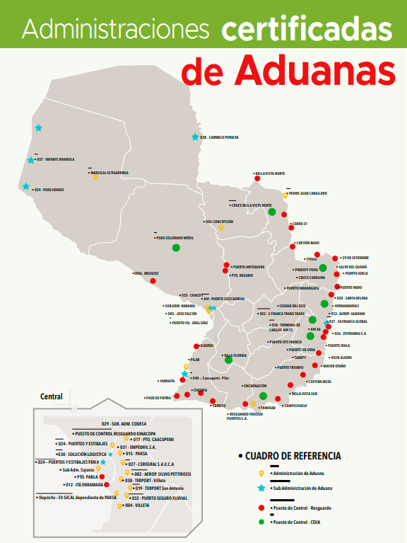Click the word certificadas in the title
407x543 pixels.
pos(306,29)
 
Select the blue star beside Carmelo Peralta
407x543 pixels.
pos(194,137)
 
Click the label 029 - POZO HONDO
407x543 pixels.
pos(49,190)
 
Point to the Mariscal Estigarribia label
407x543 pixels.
pos(110,172)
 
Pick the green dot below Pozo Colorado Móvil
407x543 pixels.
pos(175,247)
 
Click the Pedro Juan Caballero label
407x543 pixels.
pos(308,193)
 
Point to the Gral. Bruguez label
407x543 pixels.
pos(146,273)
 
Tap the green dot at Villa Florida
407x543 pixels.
pos(228,360)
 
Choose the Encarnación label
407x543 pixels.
pos(255,386)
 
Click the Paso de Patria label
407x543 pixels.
pos(159,398)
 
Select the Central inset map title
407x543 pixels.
pos(52,396)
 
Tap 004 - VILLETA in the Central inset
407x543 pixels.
pos(138,505)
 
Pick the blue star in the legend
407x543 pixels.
pos(261,488)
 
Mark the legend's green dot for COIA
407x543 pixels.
pos(261,522)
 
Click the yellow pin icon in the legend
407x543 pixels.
pos(261,473)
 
